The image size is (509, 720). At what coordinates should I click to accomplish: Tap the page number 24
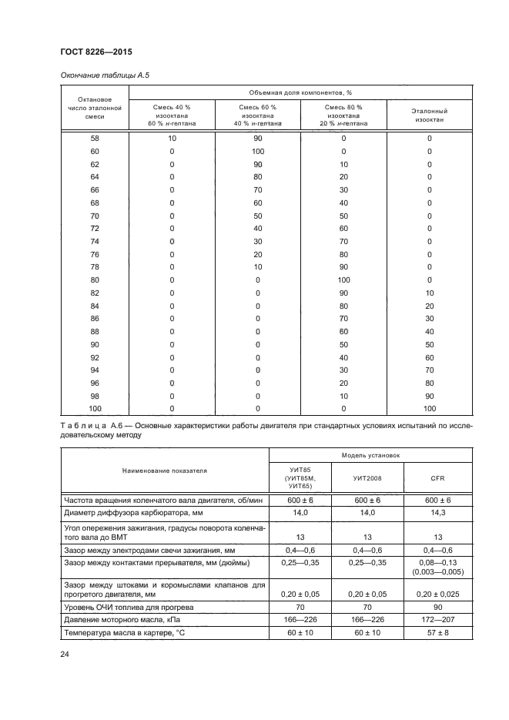pos(64,655)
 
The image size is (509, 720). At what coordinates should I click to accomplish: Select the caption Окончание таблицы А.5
pos(99,75)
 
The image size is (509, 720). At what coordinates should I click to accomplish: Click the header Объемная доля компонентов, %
pos(300,92)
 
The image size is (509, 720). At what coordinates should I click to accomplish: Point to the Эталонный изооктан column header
pos(430,115)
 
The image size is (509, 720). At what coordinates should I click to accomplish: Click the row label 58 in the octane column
pos(95,139)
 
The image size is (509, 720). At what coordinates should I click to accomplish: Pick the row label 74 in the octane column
pos(95,242)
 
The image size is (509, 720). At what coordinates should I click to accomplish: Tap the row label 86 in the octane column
pos(95,318)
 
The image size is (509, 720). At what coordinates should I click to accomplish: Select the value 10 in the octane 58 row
pos(172,139)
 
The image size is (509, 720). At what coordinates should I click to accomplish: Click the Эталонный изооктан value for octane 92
pos(430,357)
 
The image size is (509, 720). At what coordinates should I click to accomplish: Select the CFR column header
pos(437,478)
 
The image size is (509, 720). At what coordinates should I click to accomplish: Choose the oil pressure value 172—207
pos(437,619)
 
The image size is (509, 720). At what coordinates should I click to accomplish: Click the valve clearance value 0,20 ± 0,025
pos(437,595)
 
